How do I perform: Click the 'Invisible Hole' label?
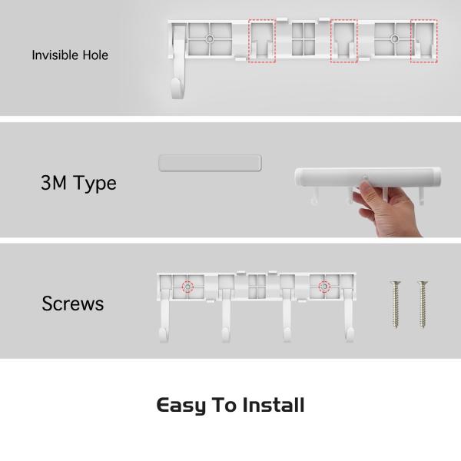pyautogui.click(x=70, y=55)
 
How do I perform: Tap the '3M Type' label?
pyautogui.click(x=78, y=184)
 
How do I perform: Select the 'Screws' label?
pyautogui.click(x=73, y=303)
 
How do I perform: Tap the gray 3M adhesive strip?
pyautogui.click(x=209, y=162)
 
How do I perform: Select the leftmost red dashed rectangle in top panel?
pyautogui.click(x=262, y=41)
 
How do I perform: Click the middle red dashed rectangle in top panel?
pyautogui.click(x=343, y=41)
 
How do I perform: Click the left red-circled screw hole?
pyautogui.click(x=187, y=287)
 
